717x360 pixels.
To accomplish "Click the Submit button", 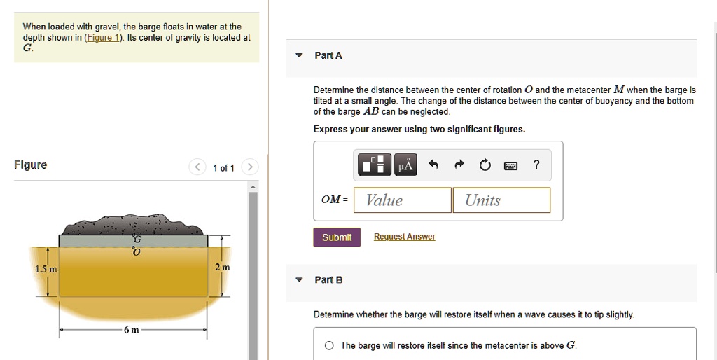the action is pyautogui.click(x=337, y=237).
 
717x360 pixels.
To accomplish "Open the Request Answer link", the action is pyautogui.click(x=404, y=237).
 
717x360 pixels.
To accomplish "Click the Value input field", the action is pyautogui.click(x=403, y=200).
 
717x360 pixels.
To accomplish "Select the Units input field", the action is pyautogui.click(x=501, y=200).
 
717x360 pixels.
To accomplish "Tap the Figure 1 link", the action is pyautogui.click(x=104, y=38).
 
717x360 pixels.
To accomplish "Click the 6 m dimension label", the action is pyautogui.click(x=131, y=331).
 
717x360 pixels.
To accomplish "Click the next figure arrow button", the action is pyautogui.click(x=250, y=167).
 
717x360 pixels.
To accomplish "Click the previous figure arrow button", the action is pyautogui.click(x=197, y=167).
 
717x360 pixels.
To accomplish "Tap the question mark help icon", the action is pyautogui.click(x=536, y=164).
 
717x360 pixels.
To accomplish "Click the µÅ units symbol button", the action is pyautogui.click(x=405, y=165).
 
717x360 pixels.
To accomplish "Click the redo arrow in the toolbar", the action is pyautogui.click(x=459, y=165).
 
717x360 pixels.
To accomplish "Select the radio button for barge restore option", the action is pyautogui.click(x=329, y=346).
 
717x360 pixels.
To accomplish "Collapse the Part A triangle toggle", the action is pyautogui.click(x=299, y=55).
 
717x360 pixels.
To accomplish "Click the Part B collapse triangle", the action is pyautogui.click(x=299, y=279).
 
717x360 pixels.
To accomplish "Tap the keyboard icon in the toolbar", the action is pyautogui.click(x=510, y=165).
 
